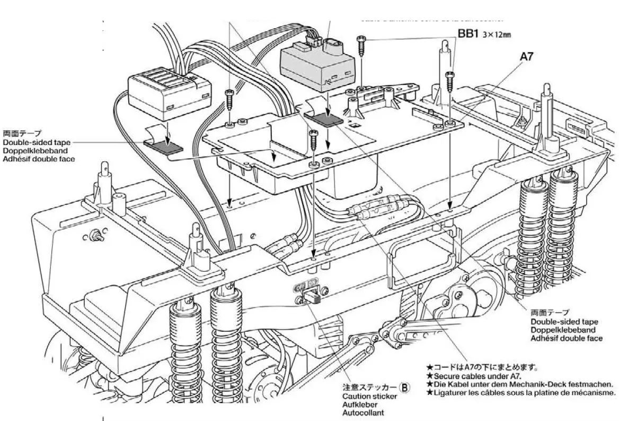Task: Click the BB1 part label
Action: tap(468, 35)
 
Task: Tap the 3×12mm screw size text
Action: tap(497, 35)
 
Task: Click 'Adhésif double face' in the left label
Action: tap(39, 159)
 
